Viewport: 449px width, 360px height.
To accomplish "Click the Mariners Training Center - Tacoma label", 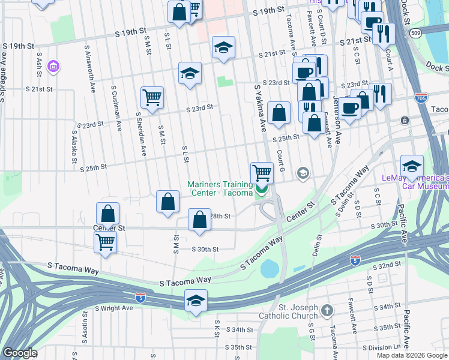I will coord(220,188).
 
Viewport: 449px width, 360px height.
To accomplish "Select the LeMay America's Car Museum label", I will coord(415,182).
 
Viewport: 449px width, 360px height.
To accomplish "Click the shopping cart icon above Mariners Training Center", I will coord(262,173).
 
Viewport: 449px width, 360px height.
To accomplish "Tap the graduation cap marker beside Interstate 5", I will coord(196,300).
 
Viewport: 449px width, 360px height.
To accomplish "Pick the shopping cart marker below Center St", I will coord(106,242).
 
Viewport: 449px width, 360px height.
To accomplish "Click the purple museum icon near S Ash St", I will coord(53,65).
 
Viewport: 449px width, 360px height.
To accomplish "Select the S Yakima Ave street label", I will coord(261,108).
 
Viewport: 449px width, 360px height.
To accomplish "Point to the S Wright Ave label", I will coord(113,308).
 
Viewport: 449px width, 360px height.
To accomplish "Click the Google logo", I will coord(20,353).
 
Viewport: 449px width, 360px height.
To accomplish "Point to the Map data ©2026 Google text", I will coord(412,355).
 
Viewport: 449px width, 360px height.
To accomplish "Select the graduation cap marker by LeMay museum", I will coord(412,165).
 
